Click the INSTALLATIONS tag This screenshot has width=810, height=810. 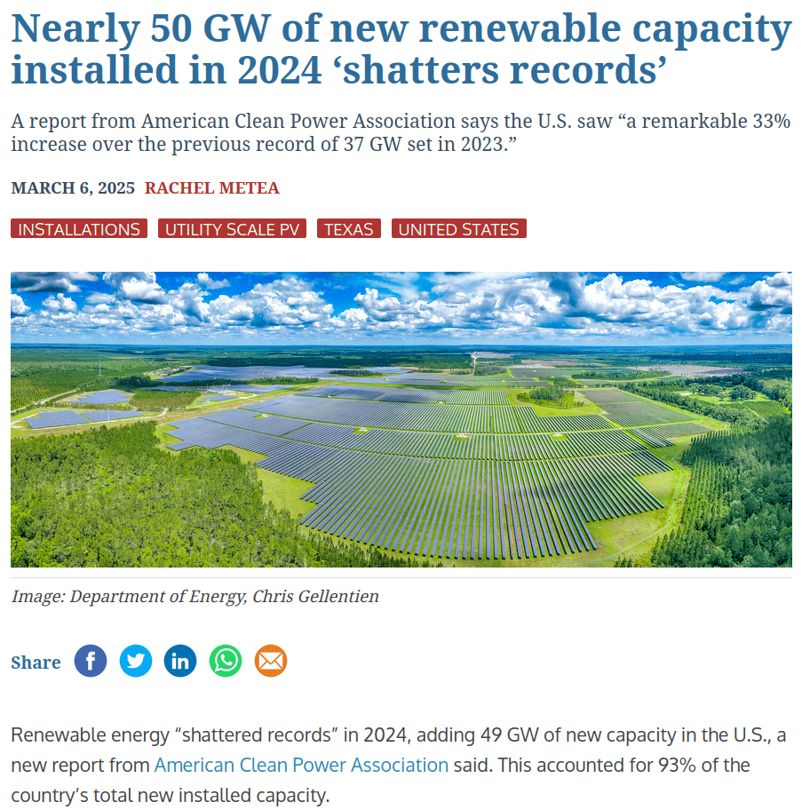click(x=79, y=229)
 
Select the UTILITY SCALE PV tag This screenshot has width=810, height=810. click(x=232, y=229)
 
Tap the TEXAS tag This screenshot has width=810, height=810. click(x=348, y=229)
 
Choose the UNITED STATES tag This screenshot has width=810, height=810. click(x=458, y=229)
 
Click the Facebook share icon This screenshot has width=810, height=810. click(x=91, y=661)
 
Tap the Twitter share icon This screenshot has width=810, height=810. click(x=136, y=661)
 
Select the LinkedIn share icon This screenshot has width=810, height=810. click(x=180, y=661)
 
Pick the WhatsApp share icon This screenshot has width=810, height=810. click(x=226, y=661)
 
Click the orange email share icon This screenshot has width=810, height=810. click(x=271, y=661)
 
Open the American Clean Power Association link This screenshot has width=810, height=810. click(x=301, y=765)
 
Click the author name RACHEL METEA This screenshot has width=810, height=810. click(x=212, y=188)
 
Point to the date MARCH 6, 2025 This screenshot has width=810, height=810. click(x=73, y=188)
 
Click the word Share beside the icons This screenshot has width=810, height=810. click(x=36, y=663)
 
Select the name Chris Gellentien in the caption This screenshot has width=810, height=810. click(x=315, y=596)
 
